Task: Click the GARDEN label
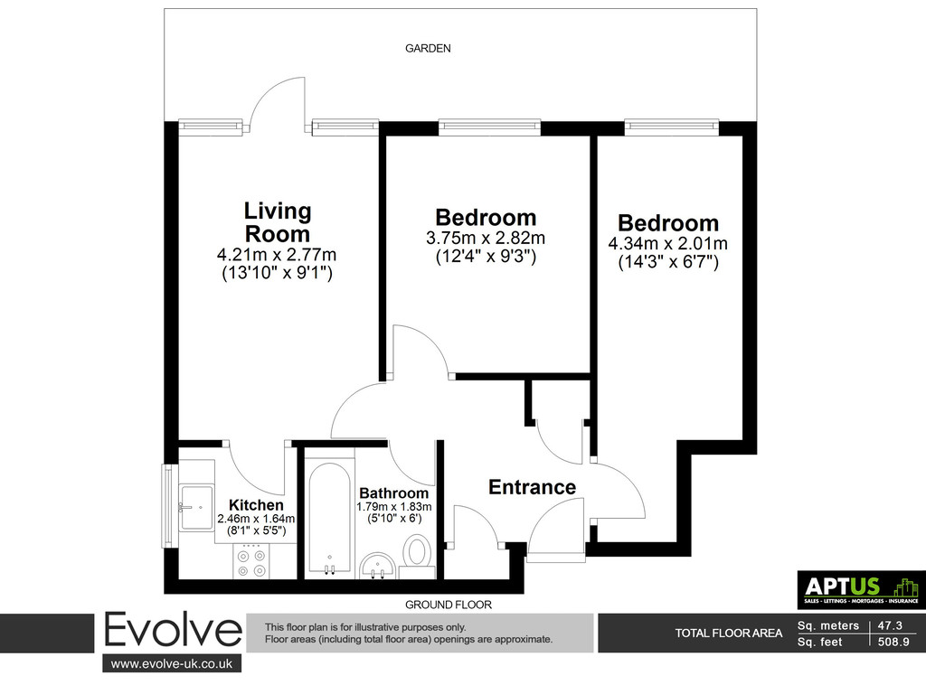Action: (x=428, y=49)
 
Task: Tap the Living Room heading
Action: (x=278, y=222)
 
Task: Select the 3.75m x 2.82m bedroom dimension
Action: (x=486, y=239)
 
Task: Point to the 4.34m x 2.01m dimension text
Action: (x=668, y=244)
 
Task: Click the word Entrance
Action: (x=532, y=487)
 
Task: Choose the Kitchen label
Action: (x=256, y=505)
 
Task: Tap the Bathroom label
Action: (x=394, y=493)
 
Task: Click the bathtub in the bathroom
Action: (x=329, y=518)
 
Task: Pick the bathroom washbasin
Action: (x=379, y=565)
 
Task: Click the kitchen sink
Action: (x=196, y=507)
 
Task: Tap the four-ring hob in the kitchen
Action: (x=252, y=561)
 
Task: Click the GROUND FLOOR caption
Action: (x=449, y=605)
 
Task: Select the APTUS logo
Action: (x=862, y=589)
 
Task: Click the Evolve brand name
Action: (x=173, y=632)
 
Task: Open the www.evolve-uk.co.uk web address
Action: (x=172, y=663)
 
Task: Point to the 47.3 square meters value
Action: (x=890, y=625)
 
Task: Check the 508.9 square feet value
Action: (x=893, y=642)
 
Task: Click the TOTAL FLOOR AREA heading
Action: (x=729, y=633)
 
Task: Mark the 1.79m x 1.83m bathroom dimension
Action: (x=394, y=507)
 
